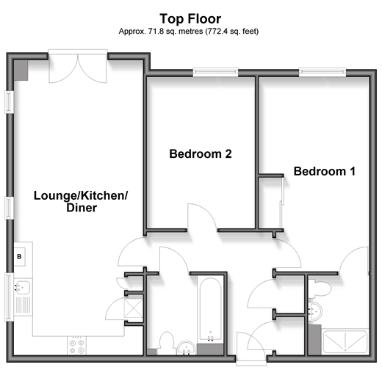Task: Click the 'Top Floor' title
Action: [190, 19]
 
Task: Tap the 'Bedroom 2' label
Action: [201, 154]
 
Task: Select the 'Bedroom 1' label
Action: [325, 171]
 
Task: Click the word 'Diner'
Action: [82, 208]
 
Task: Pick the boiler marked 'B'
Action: [19, 257]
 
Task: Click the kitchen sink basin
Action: [23, 287]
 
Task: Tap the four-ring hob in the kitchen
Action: [76, 346]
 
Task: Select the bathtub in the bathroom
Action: [211, 310]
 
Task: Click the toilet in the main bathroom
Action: [167, 342]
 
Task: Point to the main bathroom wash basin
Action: [187, 348]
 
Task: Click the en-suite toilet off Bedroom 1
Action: [319, 289]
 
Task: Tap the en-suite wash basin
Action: [315, 311]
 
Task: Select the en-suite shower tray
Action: [345, 341]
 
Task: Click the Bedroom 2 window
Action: [215, 72]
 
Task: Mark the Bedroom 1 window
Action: [322, 71]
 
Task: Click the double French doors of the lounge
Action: [78, 67]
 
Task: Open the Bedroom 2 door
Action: [202, 217]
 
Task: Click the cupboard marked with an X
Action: [134, 308]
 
